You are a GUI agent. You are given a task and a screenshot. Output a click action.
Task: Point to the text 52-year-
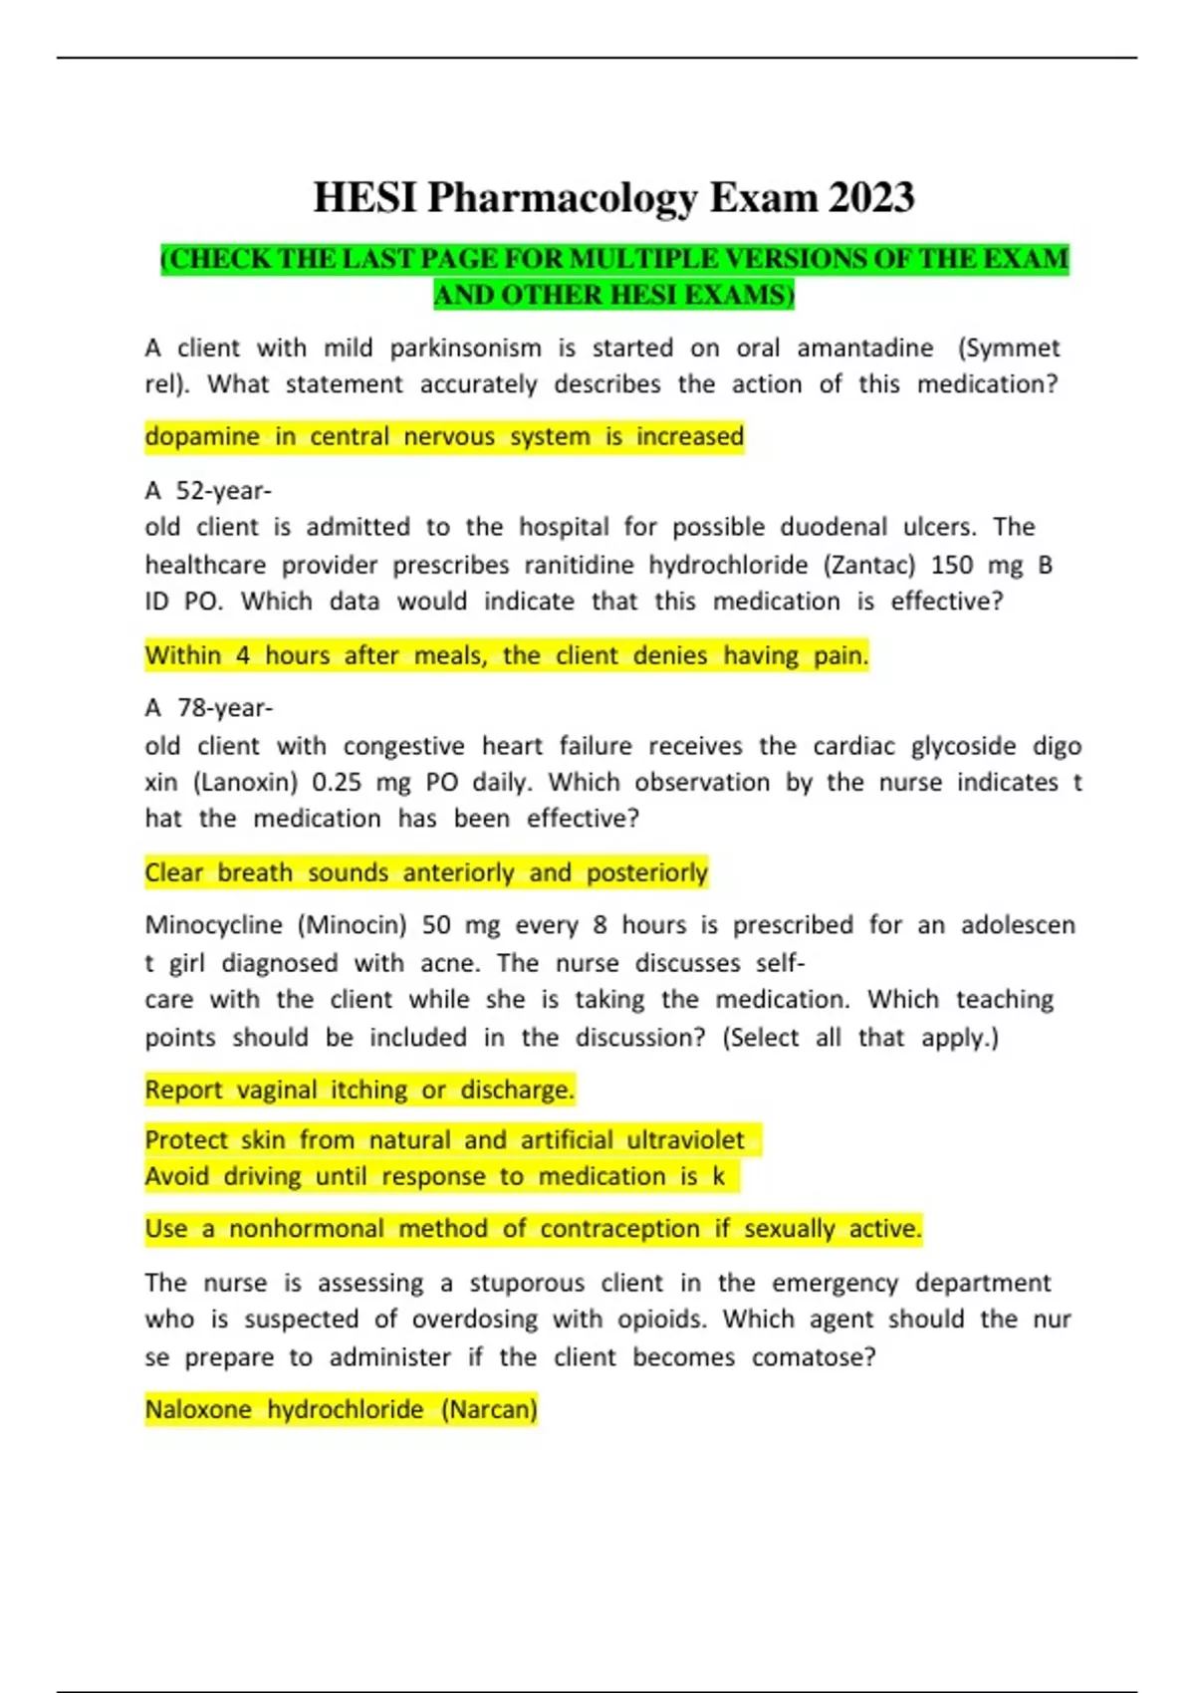click(x=223, y=490)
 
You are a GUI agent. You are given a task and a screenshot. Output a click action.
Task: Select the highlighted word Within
click(x=183, y=655)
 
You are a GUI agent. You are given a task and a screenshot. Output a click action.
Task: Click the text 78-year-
click(x=224, y=707)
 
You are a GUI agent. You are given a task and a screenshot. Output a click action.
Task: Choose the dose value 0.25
click(x=337, y=782)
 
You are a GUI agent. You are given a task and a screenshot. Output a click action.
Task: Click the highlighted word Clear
click(x=173, y=872)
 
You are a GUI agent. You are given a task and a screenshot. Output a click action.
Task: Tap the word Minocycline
click(x=213, y=925)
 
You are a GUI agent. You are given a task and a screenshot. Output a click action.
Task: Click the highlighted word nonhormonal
click(x=306, y=1228)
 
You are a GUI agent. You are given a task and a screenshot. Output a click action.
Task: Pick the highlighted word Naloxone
click(x=198, y=1409)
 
